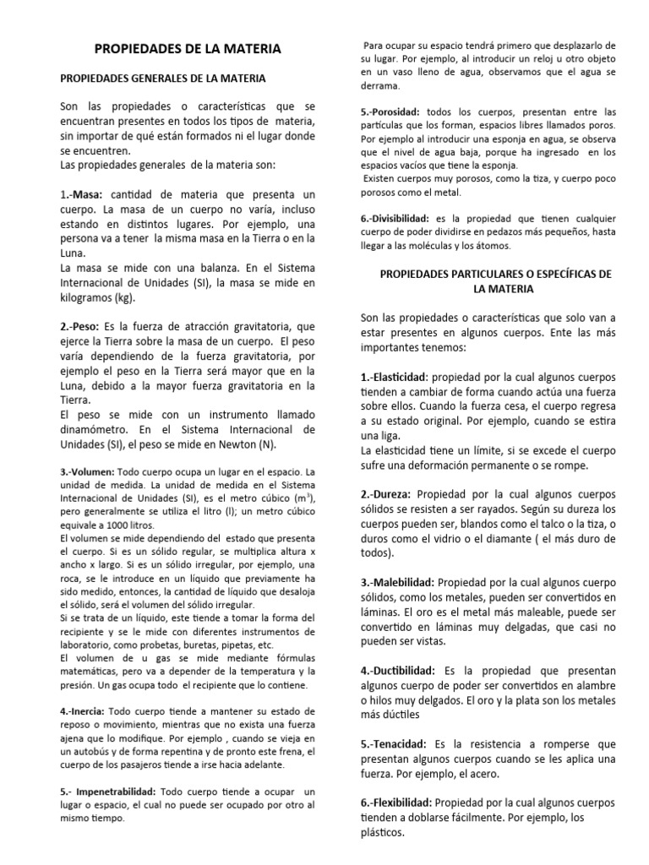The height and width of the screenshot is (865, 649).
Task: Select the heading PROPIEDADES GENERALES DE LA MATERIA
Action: click(163, 79)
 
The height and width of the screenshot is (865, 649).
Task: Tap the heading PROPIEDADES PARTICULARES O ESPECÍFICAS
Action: click(496, 275)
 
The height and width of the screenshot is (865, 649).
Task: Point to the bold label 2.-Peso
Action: click(80, 325)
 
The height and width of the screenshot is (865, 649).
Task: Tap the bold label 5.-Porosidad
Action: click(391, 112)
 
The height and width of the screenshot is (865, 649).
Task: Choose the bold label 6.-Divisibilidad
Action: click(395, 218)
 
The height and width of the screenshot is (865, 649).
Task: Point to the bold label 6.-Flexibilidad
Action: click(397, 802)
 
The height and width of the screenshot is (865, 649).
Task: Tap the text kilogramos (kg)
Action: click(97, 297)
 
